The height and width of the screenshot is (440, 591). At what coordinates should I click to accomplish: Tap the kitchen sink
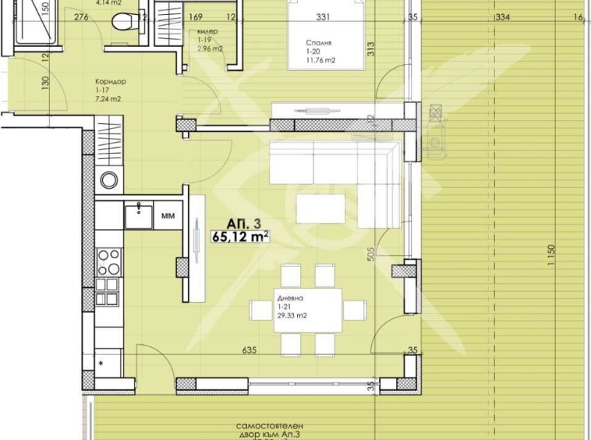[x=138, y=214]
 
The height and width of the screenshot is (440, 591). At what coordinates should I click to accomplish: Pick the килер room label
[x=207, y=31]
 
